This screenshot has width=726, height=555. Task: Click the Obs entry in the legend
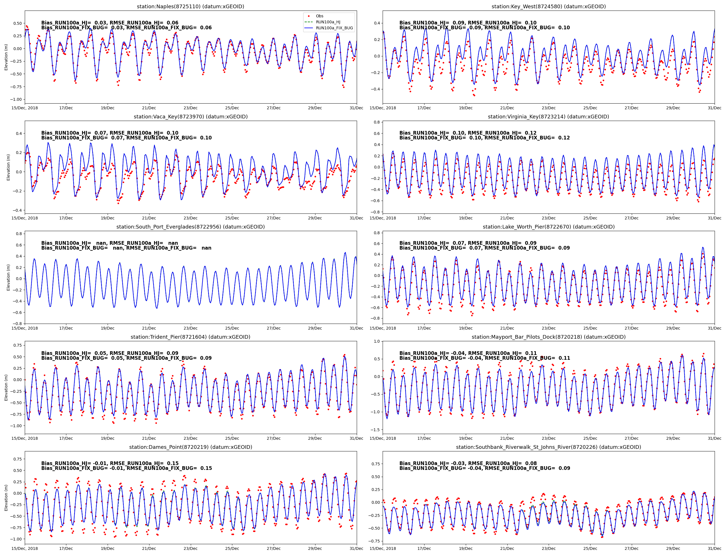coord(319,16)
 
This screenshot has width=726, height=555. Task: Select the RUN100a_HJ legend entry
coord(328,22)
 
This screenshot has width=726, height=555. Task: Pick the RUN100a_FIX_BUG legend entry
coord(334,28)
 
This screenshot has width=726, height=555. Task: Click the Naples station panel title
coord(190,6)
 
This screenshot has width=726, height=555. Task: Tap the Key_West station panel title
coord(548,6)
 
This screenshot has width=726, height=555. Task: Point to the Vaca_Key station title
coord(190,117)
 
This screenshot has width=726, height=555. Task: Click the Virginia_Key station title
coord(548,117)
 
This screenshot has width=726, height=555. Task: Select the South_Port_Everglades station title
coord(190,227)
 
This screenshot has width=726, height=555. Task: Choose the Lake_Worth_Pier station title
coord(548,227)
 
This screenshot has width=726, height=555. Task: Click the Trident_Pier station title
coord(190,337)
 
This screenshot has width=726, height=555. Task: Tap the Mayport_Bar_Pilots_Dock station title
coord(548,337)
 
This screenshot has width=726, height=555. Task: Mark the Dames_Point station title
coord(190,447)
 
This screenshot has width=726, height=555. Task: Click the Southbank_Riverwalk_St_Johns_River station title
coord(548,447)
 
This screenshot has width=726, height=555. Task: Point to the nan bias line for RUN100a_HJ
coord(109,243)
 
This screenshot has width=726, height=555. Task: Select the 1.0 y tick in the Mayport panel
coord(376,341)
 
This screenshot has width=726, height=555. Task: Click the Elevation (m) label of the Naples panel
coord(6,57)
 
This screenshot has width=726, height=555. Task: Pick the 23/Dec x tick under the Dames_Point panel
coord(191,548)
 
